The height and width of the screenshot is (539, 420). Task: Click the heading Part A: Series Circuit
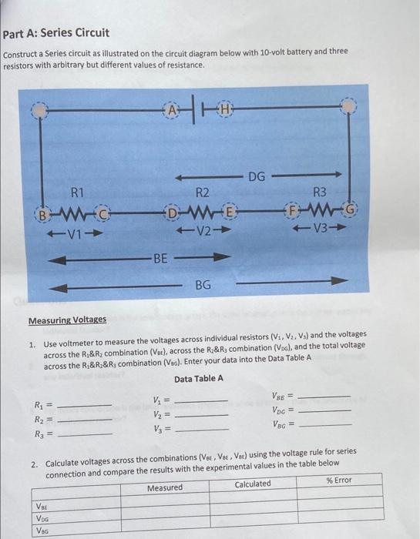coord(56,33)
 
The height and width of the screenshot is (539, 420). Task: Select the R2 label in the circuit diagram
coord(203,192)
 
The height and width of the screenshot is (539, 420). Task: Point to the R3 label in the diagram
coord(320,192)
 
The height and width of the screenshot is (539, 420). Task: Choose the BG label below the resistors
coord(203,286)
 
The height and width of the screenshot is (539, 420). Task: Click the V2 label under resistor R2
coord(202,230)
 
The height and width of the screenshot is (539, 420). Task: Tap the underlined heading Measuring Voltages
coord(68,320)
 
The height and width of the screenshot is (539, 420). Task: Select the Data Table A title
coord(199,379)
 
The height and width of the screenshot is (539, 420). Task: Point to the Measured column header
coord(165,487)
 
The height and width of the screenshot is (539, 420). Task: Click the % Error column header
coord(338,480)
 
